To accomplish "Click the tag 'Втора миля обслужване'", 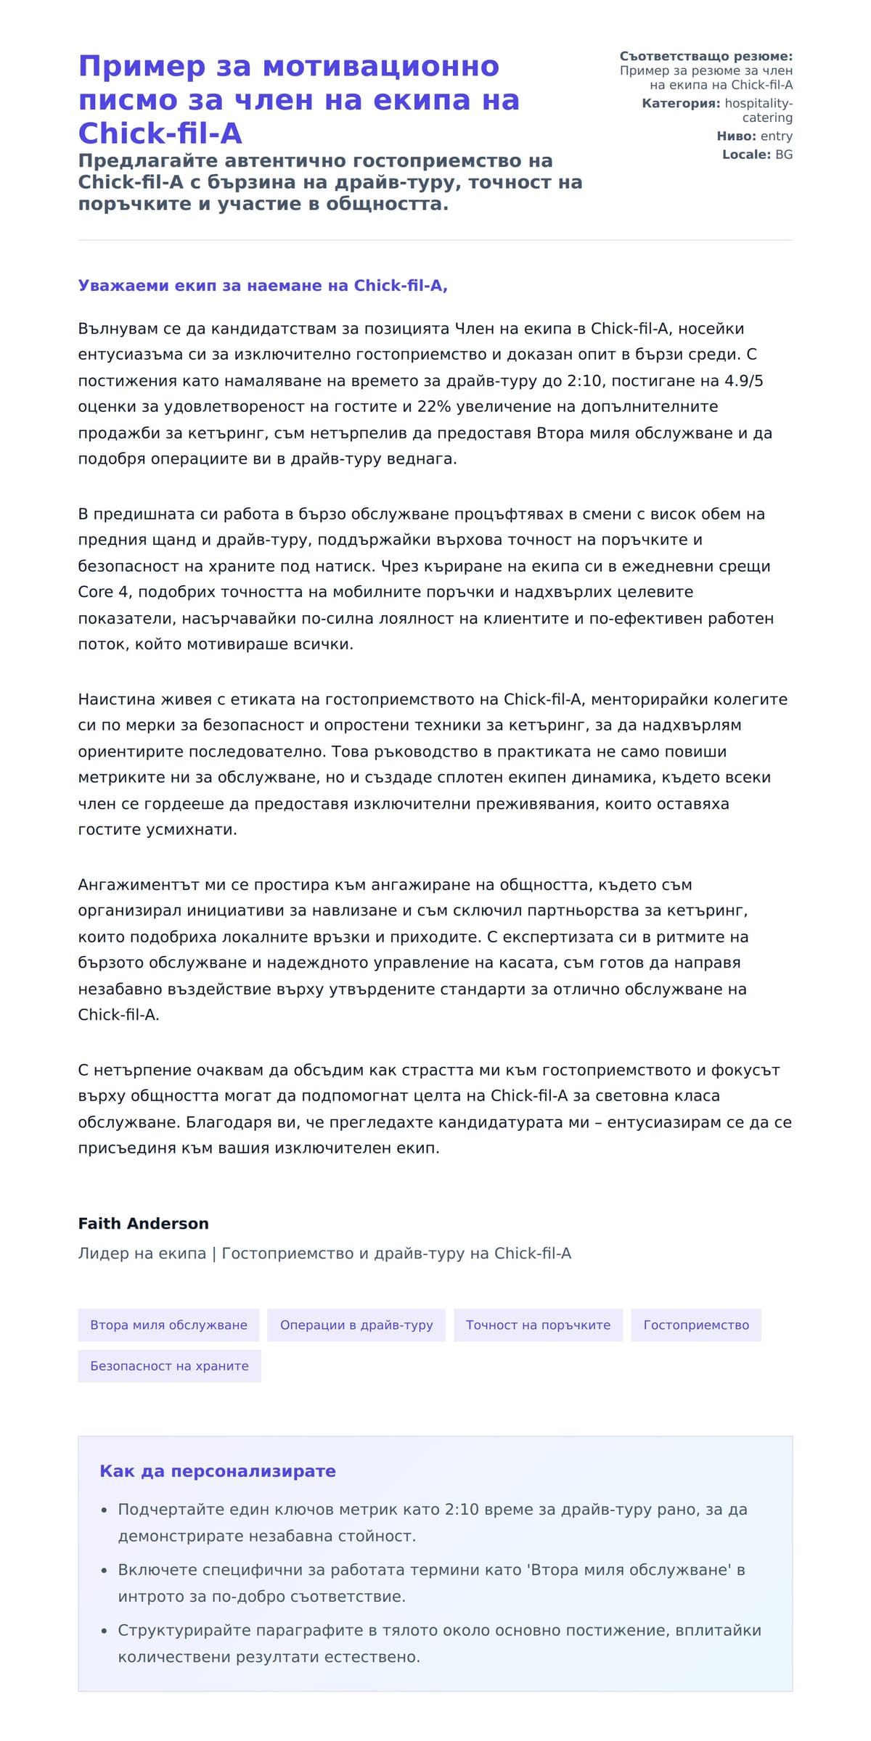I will (x=168, y=1325).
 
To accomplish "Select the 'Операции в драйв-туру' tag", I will (x=356, y=1325).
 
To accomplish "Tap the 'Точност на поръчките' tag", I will (x=538, y=1325).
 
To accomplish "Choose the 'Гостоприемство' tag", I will (x=695, y=1325).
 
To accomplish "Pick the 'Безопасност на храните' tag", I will (x=169, y=1365).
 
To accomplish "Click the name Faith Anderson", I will (x=143, y=1223).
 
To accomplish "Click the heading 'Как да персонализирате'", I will (x=217, y=1471).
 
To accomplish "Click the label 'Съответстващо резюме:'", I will (x=706, y=57).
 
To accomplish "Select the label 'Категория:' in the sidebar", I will (x=681, y=104).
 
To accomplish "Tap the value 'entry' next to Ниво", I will (x=776, y=136).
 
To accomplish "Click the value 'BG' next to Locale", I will (x=783, y=155).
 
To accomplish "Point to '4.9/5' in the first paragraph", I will (x=743, y=381).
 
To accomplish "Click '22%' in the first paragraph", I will (x=434, y=407).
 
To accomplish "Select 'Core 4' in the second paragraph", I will (x=103, y=592).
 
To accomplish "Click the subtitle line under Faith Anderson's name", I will (x=324, y=1254).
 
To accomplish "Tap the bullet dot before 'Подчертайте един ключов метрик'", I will (x=105, y=1510).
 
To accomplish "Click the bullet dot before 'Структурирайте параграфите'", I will (x=105, y=1631).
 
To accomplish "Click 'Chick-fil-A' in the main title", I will (x=160, y=133).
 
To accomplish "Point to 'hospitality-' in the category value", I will (x=758, y=104).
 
